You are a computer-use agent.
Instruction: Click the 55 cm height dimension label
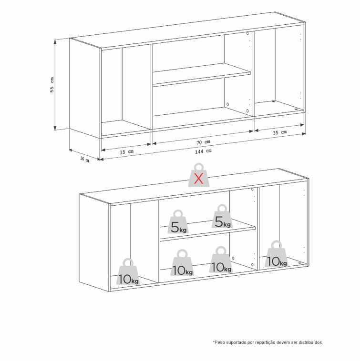point(52,84)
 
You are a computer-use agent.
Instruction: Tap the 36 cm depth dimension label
point(84,159)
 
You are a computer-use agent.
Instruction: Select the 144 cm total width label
point(203,151)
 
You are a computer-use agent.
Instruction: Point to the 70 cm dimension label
point(203,142)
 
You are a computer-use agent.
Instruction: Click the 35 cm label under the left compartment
point(126,152)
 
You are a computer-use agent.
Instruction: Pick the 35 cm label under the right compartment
point(280,132)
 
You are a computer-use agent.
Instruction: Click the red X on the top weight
point(198,179)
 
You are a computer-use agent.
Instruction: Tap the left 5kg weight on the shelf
point(179,221)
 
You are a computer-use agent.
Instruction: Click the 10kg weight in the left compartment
point(128,272)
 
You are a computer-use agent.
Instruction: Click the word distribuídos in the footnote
point(311,342)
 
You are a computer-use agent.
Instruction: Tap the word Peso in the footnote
point(219,342)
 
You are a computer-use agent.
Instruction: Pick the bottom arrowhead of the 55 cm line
point(55,128)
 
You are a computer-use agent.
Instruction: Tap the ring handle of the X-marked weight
point(199,167)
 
